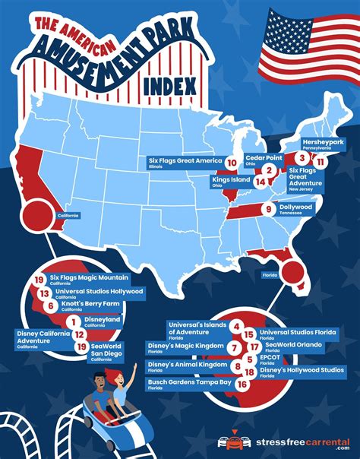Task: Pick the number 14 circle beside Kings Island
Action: (x=261, y=182)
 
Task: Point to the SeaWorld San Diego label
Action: (x=106, y=350)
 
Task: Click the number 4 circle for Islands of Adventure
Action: (x=237, y=328)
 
